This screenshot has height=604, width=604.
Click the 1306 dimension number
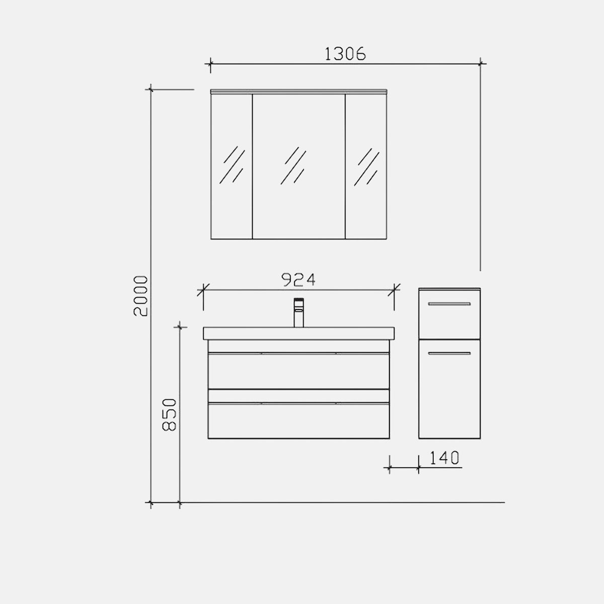[x=345, y=54]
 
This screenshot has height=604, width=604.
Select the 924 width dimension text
[x=298, y=280]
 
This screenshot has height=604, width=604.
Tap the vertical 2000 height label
[x=140, y=296]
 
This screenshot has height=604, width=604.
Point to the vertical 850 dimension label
[x=170, y=415]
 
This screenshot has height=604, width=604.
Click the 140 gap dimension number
[x=444, y=458]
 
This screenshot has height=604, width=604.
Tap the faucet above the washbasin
[x=298, y=313]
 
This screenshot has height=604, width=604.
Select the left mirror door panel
[x=232, y=167]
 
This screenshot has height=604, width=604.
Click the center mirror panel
[x=298, y=167]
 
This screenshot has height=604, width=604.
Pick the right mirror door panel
[x=366, y=167]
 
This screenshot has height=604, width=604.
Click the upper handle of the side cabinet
[x=449, y=304]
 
